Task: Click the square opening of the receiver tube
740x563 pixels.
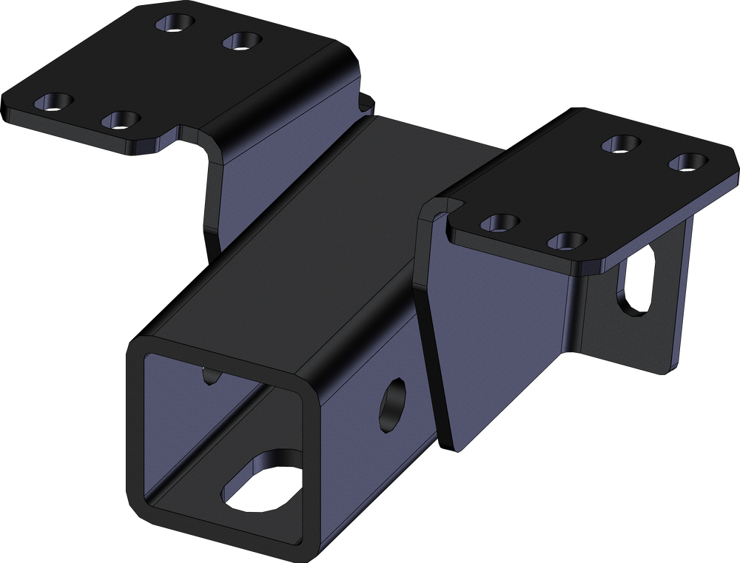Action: coord(222,436)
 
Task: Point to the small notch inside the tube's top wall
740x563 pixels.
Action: coord(211,377)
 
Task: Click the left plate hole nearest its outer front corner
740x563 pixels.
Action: coord(54,101)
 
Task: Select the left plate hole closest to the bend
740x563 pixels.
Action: coord(242,40)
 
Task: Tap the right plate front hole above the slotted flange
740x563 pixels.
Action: coord(568,240)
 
